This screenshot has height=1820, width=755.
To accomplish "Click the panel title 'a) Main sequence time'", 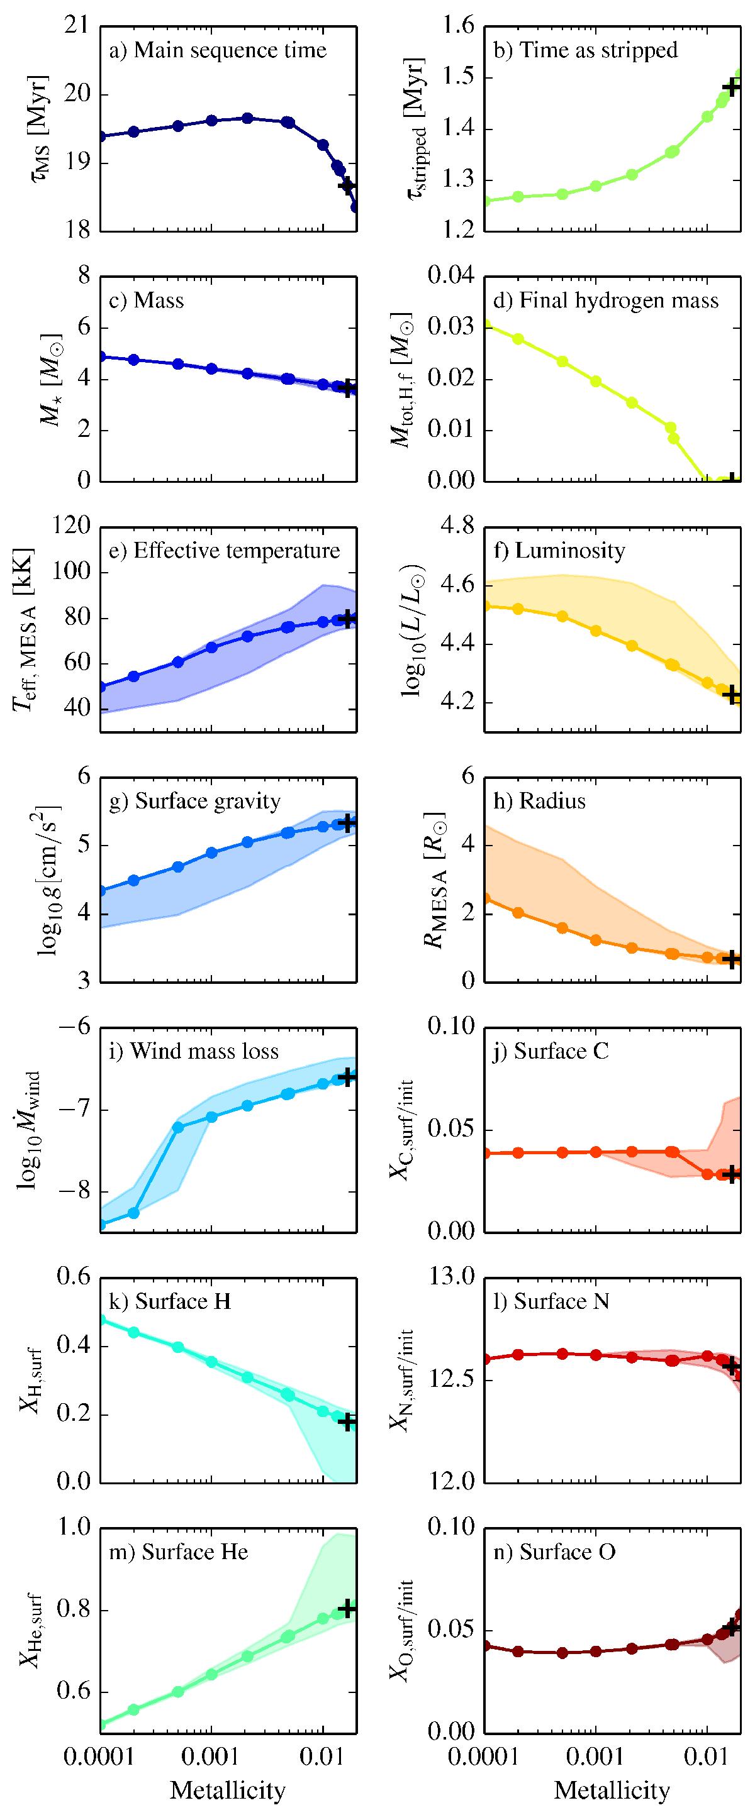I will click(216, 50).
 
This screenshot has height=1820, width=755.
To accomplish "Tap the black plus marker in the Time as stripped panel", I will click(732, 86).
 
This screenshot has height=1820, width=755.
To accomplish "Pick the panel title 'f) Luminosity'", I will click(559, 550).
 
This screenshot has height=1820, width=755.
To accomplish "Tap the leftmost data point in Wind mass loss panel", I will click(101, 1225).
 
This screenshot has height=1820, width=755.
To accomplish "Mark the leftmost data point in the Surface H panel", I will click(101, 1319).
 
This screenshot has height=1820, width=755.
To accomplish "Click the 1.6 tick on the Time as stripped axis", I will click(458, 26).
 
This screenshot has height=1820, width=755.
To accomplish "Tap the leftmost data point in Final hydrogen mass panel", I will click(486, 326).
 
